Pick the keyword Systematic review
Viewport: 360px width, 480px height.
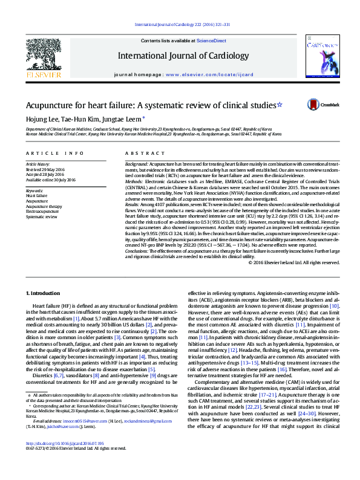coord(39,216)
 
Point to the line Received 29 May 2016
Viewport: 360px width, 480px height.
coord(43,169)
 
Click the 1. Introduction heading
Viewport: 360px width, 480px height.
coord(44,293)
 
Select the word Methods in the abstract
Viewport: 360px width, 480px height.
coord(134,181)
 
